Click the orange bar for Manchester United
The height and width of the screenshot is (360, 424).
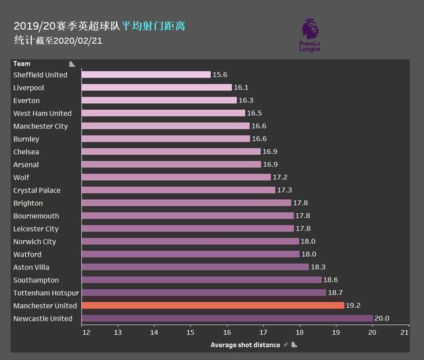tap(213, 306)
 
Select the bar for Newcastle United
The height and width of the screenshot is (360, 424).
tap(227, 318)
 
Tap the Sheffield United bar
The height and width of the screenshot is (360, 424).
tap(146, 75)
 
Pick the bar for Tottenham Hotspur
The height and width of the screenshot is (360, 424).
tap(203, 292)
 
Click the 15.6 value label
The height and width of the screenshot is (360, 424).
tap(221, 75)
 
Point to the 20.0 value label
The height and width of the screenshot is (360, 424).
tap(382, 318)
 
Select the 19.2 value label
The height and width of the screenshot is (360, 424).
tap(354, 306)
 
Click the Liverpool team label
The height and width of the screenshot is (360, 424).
tap(28, 87)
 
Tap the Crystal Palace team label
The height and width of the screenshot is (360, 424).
tap(36, 191)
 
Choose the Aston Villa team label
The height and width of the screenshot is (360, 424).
tap(32, 267)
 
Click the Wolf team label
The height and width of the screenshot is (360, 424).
tap(21, 177)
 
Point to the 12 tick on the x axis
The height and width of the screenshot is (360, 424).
tap(86, 332)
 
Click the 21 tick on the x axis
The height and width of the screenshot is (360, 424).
tap(404, 332)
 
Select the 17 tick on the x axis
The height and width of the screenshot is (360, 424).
tap(263, 332)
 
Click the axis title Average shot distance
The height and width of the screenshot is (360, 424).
tap(245, 345)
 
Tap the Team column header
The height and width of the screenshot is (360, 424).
tap(21, 64)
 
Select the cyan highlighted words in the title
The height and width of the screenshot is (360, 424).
tap(154, 26)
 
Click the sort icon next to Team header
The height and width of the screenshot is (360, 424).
tap(72, 64)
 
